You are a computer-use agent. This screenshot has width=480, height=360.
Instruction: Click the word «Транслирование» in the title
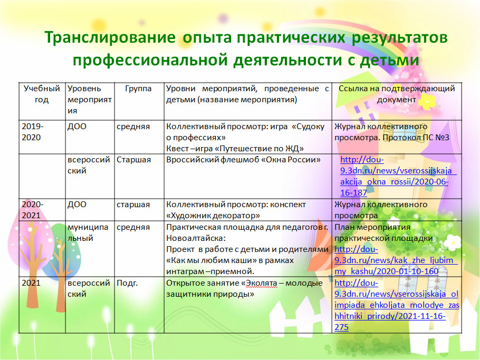coord(110,37)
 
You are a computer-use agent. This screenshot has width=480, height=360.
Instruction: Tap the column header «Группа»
coord(138,89)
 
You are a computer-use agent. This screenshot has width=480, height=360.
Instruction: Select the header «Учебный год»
coord(42,94)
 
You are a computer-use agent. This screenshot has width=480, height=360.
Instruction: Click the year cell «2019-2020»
coord(33,132)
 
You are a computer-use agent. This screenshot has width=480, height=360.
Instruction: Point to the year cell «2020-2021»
coord(33,210)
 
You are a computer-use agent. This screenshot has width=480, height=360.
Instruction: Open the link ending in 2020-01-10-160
coord(396,260)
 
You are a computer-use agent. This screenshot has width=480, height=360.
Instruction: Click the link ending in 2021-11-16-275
coord(397,305)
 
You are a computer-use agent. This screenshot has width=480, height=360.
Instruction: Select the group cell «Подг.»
coord(127,283)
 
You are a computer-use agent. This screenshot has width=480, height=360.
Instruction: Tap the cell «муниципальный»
coord(88,233)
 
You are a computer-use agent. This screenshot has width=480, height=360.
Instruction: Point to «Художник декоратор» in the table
coord(213,216)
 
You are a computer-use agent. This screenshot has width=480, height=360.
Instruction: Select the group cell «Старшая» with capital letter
coord(134,160)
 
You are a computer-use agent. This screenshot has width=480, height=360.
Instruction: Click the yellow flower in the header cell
coord(427,101)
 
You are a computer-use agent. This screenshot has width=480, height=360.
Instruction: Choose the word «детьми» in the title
coord(390,60)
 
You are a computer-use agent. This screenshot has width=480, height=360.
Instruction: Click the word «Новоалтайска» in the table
coord(196,238)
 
